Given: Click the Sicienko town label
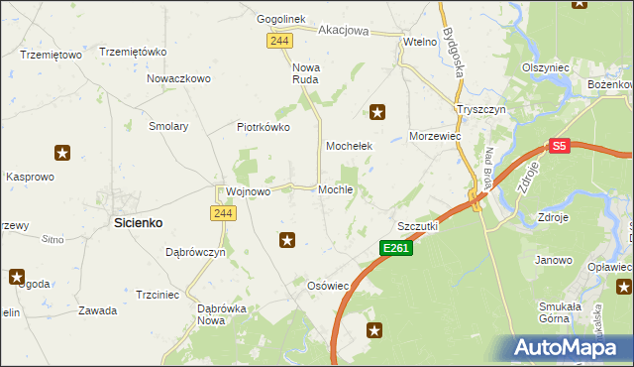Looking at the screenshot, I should click(x=138, y=224).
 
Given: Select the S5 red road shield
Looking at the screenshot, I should click(x=560, y=146).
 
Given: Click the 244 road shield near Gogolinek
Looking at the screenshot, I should click(x=278, y=39).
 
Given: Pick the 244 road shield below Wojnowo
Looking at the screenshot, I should click(x=221, y=213).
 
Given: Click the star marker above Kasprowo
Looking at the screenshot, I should click(x=62, y=153).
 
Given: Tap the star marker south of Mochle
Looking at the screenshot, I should click(x=287, y=239).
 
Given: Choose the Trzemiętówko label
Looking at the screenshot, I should click(x=132, y=52).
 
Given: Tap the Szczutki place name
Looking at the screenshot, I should click(x=418, y=226).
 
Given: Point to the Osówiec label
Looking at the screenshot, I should click(x=329, y=286).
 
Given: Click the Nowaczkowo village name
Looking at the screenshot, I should click(x=179, y=78).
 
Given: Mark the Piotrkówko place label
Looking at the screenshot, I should click(x=263, y=127).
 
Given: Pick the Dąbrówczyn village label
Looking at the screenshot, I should click(x=195, y=253).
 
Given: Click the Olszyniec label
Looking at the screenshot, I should click(x=545, y=67).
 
